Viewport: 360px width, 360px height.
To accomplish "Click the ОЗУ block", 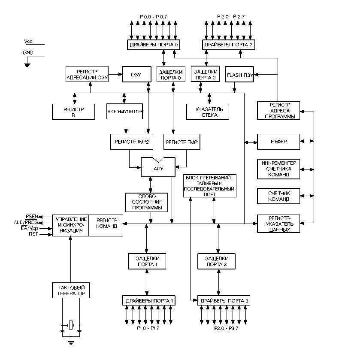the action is pos(136,74).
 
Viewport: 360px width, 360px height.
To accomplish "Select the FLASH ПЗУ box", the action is pos(239,74).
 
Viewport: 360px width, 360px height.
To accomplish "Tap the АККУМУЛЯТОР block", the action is pos(125,112).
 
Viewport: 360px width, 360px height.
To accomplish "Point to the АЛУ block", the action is pos(158,167).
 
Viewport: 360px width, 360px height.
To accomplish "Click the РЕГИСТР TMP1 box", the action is pos(182,142).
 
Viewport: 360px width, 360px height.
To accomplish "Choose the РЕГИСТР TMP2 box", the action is pos(132,142).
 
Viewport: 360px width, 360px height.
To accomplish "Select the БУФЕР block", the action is pos(278,142).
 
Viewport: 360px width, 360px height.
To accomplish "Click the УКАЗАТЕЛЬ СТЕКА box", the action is pos(208,112).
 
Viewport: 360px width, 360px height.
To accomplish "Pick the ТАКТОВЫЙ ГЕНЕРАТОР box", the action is pos(71,290).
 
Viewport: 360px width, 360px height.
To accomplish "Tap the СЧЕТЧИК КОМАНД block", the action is pos(278,196).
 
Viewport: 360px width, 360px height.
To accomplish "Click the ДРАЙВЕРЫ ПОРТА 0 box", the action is pos(154,45).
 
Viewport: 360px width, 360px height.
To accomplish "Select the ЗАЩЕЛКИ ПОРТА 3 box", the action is pos(217,261).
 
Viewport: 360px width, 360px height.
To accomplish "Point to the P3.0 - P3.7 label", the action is pos(226,328).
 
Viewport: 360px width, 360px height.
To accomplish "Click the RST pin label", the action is pos(33,234).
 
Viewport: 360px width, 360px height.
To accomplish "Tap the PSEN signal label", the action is pos(32,216).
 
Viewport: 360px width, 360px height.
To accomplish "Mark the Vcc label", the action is pos(28,41).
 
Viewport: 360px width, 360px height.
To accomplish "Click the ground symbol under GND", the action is pos(27,65).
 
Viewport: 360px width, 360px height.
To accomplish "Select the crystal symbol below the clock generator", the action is pos(71,325).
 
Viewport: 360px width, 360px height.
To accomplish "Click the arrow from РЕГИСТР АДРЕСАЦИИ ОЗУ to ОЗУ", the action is pos(115,74).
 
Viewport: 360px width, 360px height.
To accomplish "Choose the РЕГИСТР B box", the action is pos(73,112).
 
